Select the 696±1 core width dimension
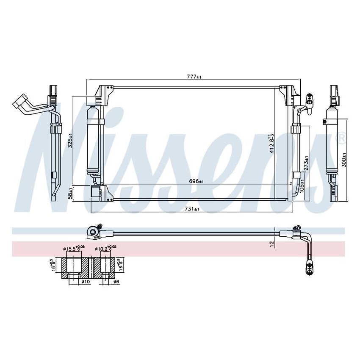[x=196, y=181]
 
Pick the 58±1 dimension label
[x=71, y=194]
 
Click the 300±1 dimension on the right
[x=344, y=160]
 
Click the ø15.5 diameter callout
[x=72, y=249]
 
